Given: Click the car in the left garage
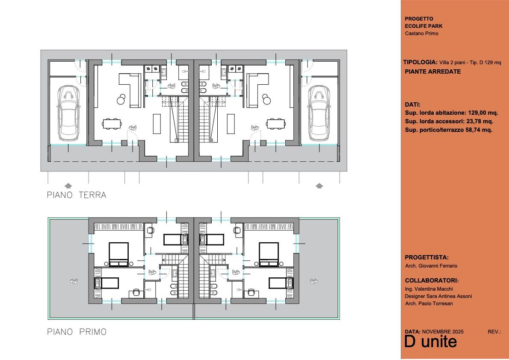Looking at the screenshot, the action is pos(68,113).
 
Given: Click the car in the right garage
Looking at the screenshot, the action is pos(319,113).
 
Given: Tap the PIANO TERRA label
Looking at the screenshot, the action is pos(77,195).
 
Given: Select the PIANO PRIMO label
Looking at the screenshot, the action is pos(77,332).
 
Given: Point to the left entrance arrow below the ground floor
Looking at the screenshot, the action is pos(68,185).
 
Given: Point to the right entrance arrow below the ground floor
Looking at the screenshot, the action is pos(320,185).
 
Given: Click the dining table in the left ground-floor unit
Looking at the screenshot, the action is pos(112,124).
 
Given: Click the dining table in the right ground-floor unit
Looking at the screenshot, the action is pos(276,124).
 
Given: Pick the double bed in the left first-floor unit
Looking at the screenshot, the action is pos(118,254).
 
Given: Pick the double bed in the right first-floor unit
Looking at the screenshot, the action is pos(269,254).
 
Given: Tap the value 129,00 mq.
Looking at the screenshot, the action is pos(483,113).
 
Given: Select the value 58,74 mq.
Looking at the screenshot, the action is pos(477,130).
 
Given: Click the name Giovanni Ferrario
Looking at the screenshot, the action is pos(438,266).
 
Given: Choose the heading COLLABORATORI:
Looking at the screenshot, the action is pos(432,280).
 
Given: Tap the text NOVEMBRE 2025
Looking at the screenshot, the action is pos(443,332).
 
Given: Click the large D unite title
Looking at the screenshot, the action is pos(431,342).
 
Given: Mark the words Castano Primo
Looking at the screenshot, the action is pos(422,33).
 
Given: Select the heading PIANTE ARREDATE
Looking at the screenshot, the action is pos(433,71).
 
